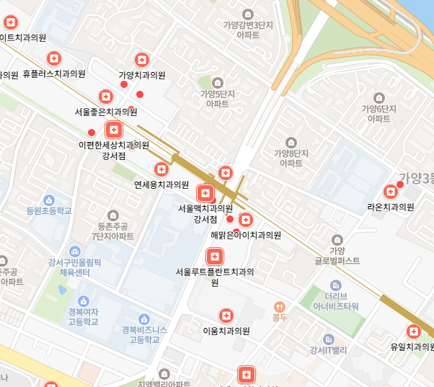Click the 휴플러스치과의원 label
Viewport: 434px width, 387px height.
coord(54,74)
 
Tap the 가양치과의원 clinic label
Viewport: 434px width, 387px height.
coord(142,75)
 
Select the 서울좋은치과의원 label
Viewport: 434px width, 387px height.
coord(106,112)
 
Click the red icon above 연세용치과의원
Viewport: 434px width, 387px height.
coord(161,169)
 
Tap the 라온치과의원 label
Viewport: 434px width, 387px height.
coord(391,207)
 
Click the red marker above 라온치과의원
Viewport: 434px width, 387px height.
coord(391,192)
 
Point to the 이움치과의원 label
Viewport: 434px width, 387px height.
coord(226,331)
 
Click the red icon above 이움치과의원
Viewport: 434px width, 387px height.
coord(226,316)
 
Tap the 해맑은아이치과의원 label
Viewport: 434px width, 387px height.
coord(246,235)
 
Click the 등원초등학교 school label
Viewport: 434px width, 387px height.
coord(49,212)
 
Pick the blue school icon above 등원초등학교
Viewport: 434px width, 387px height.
coord(49,199)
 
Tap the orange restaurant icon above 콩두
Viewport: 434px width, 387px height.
coord(280,305)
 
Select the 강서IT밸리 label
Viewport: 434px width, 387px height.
coord(328,351)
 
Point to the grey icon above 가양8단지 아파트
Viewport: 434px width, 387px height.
coord(291,142)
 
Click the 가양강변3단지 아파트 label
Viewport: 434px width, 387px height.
coord(249,30)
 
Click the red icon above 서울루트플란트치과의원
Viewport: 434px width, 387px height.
coord(214,257)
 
